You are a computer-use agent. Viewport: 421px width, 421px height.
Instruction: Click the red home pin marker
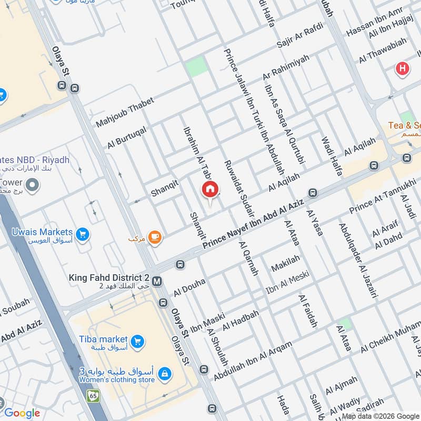coord(210,190)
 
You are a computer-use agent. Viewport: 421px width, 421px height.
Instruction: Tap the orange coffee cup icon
coord(154,238)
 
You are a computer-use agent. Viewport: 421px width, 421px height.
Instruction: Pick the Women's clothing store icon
coord(165,373)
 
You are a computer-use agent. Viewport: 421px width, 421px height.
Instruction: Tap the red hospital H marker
coord(403,68)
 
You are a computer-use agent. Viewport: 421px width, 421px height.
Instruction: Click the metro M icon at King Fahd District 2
coord(156,282)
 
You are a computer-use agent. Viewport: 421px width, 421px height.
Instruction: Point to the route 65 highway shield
coord(94,395)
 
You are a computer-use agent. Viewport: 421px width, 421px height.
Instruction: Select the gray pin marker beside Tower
coord(33,185)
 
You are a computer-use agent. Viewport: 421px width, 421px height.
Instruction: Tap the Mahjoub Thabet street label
coord(125,112)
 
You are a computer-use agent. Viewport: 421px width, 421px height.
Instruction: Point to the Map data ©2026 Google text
coord(380,416)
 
